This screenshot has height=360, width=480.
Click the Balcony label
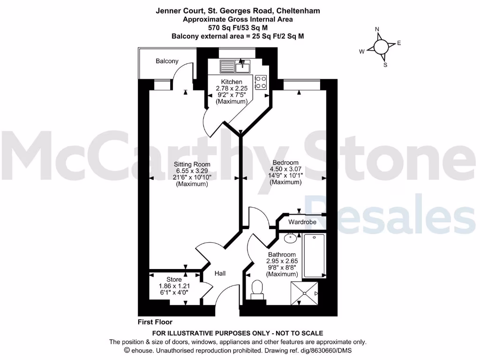point(167,61)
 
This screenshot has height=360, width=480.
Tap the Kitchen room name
point(232,82)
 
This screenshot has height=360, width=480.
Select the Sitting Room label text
point(192,165)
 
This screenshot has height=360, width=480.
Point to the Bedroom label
point(285,163)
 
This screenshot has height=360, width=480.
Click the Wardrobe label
point(302,222)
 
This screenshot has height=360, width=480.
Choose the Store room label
point(173,280)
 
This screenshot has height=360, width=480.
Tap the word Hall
point(221,273)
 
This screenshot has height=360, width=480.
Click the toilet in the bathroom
point(257,289)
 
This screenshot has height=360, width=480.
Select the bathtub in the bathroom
point(315,256)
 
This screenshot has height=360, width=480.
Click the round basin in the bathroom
point(291,237)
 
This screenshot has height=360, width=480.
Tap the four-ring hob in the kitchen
point(261,82)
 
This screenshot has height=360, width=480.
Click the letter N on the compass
point(377,30)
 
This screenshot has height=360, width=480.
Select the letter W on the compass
point(362,52)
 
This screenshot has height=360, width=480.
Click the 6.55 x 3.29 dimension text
point(192,171)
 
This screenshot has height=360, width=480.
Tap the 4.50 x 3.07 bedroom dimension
point(285,169)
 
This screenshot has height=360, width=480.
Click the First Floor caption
point(155,322)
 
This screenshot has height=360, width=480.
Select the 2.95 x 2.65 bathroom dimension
point(282,261)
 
